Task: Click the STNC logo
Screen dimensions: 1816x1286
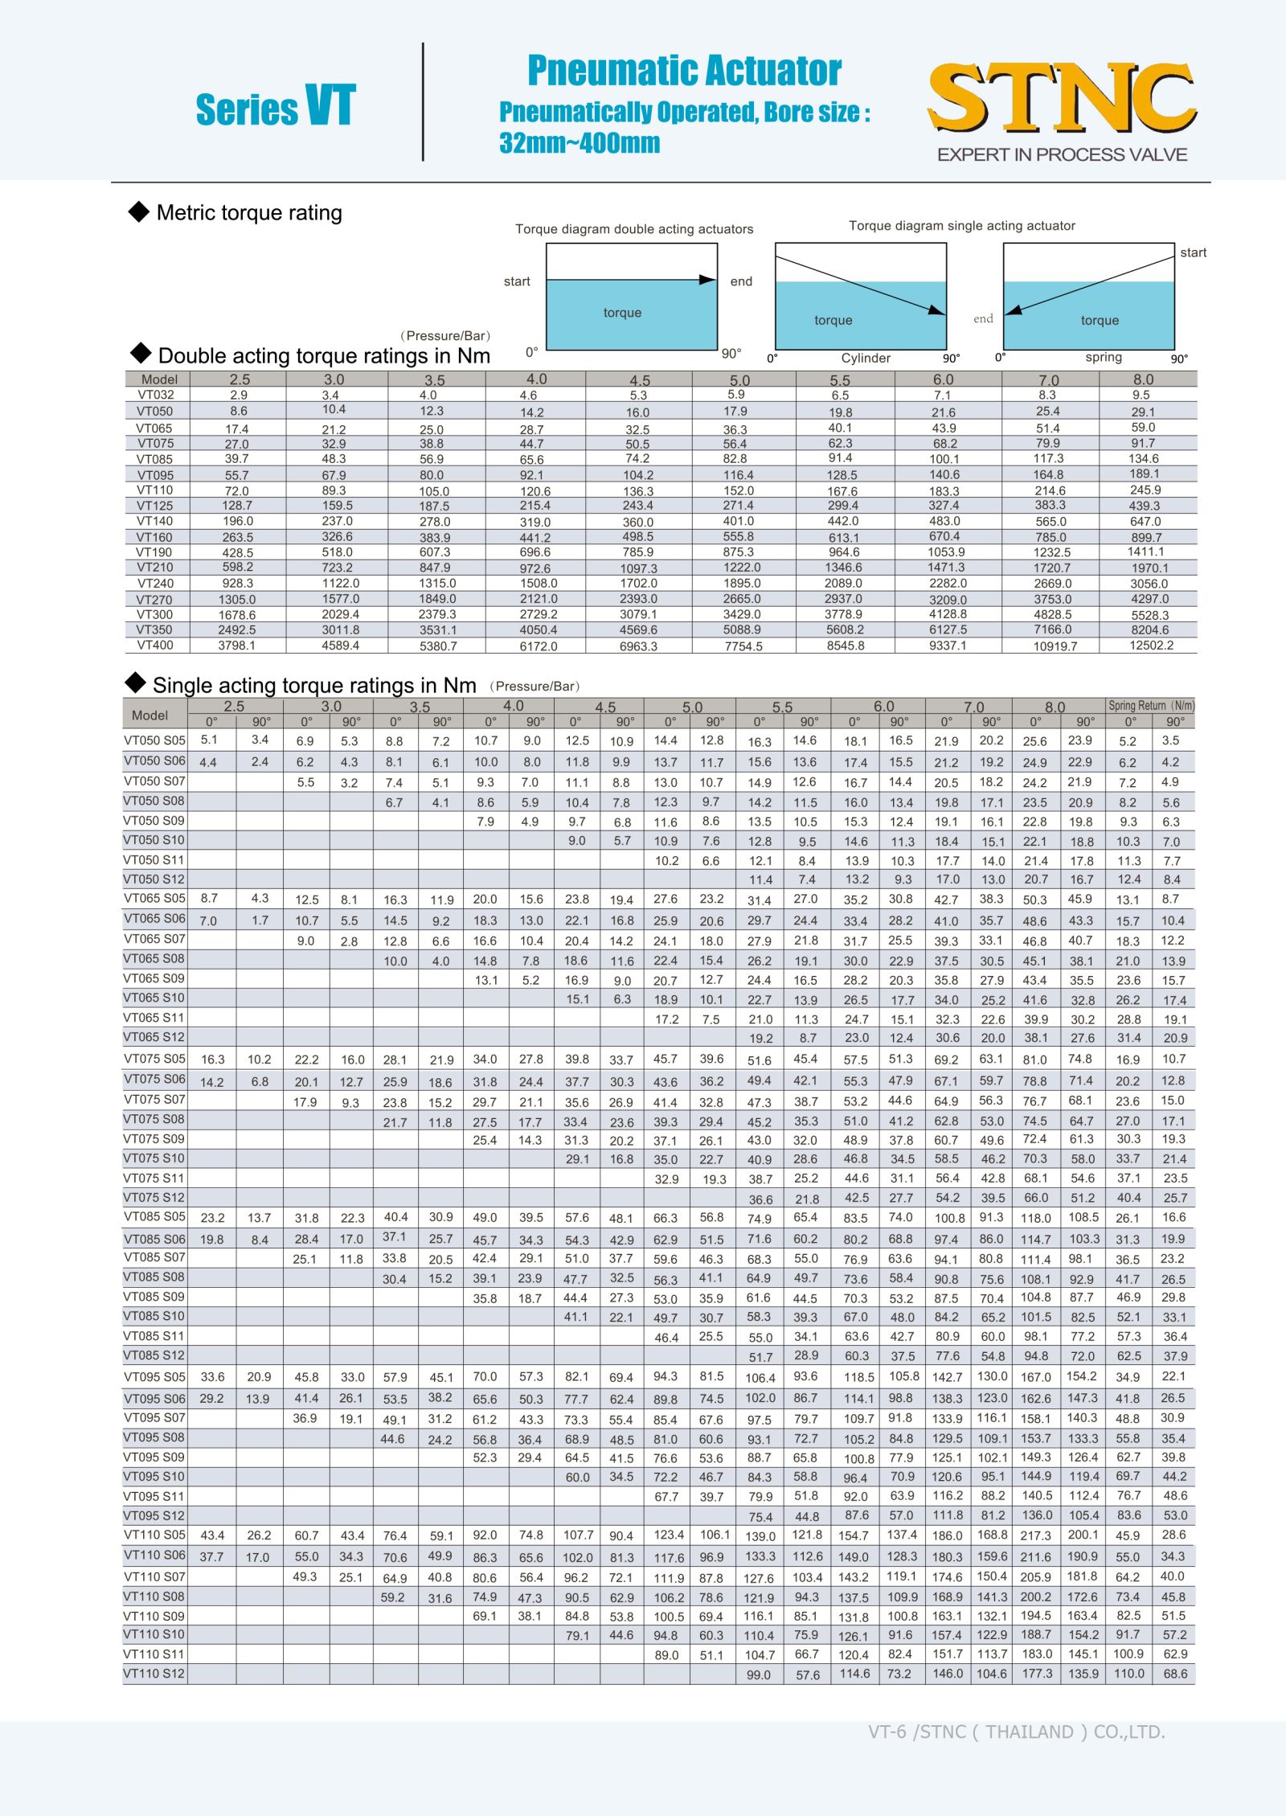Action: [x=1061, y=98]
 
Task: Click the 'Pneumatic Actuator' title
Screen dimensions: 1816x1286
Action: [x=684, y=71]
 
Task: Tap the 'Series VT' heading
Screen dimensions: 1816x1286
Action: [x=275, y=107]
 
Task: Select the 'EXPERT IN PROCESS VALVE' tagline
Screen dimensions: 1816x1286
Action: [x=1062, y=154]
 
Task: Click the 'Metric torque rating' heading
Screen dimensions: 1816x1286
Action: [x=249, y=213]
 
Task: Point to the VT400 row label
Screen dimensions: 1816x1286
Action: [x=154, y=645]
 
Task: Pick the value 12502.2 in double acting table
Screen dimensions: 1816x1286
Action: [x=1151, y=646]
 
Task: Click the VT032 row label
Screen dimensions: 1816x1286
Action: [x=155, y=395]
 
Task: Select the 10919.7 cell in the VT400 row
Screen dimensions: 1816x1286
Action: [x=1055, y=646]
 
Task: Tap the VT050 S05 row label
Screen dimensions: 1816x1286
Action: [x=154, y=740]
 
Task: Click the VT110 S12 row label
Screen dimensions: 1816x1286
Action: [x=154, y=1674]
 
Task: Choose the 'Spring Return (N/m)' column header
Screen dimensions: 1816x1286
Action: [x=1151, y=706]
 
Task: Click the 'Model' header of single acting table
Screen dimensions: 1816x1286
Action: [x=150, y=715]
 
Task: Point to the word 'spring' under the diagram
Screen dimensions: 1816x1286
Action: [x=1103, y=357]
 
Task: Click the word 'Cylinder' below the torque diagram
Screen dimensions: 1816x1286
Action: [x=866, y=358]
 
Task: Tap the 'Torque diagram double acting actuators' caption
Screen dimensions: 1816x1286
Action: [x=634, y=229]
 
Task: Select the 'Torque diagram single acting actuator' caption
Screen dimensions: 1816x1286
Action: [x=961, y=226]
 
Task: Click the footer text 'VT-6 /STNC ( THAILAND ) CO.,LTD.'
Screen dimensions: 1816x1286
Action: [x=1016, y=1732]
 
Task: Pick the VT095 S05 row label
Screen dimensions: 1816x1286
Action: [x=154, y=1377]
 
